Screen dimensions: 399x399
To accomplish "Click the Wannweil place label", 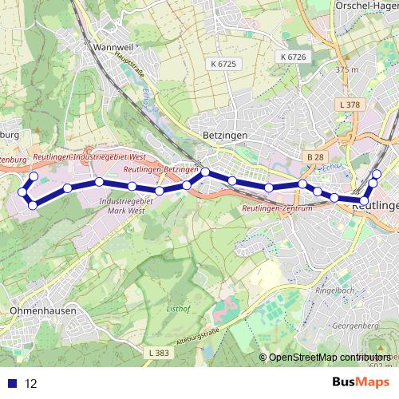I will point(112,47).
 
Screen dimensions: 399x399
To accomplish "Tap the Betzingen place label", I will point(225,136).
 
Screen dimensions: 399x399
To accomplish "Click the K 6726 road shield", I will point(293,57).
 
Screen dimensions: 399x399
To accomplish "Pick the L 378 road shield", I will point(350,105).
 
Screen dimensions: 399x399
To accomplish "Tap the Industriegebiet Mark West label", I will point(125,207).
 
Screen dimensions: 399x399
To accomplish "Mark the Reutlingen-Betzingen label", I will point(162,170).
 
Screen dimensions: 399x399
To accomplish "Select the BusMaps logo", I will point(361,382).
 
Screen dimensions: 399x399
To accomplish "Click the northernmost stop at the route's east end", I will point(377,174).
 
